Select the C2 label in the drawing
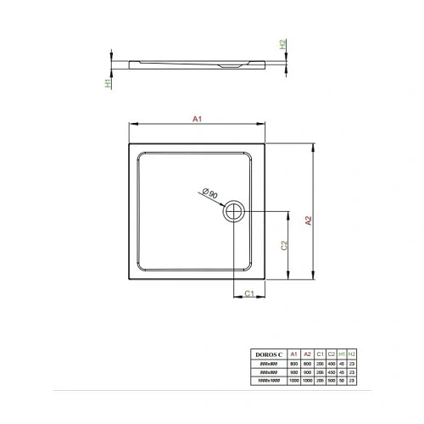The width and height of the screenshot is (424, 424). (286, 247)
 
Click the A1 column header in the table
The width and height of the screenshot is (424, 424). (293, 353)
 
